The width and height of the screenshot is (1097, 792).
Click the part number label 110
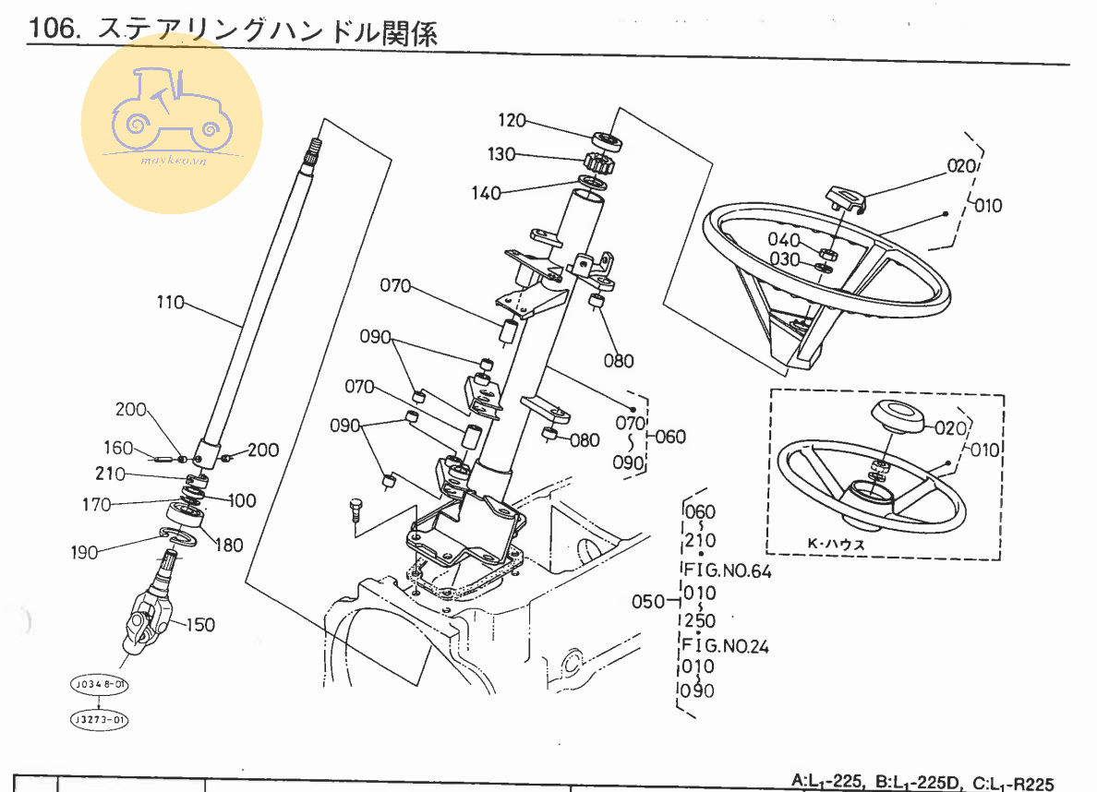(171, 303)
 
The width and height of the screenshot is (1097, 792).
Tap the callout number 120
(512, 120)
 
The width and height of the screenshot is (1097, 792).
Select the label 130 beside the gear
(502, 155)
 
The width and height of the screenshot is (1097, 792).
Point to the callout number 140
(486, 193)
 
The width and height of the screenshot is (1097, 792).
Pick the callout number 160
(118, 449)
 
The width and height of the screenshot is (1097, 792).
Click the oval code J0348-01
(97, 685)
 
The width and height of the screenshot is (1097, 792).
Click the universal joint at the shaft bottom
(148, 618)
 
